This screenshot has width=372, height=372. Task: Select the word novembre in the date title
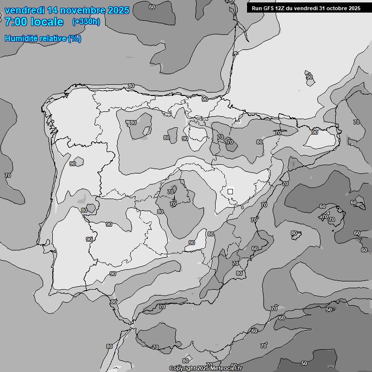[x=82, y=10]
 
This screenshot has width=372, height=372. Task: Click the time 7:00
[x=16, y=22]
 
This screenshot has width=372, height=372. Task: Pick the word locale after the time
[x=47, y=22]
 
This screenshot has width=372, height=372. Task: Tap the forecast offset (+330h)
[x=86, y=22]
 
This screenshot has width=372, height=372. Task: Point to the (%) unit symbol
[x=75, y=39]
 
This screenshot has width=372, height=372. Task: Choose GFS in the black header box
[x=269, y=8]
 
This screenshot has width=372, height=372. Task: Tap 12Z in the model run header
[x=281, y=8]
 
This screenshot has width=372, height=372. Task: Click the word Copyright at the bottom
[x=182, y=368]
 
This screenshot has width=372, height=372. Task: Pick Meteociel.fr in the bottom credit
[x=229, y=368]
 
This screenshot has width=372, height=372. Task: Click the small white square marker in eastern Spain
[x=230, y=191]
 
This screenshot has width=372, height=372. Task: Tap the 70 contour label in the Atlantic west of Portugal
[x=7, y=175]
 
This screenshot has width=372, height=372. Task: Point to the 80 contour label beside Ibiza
[x=294, y=233]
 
